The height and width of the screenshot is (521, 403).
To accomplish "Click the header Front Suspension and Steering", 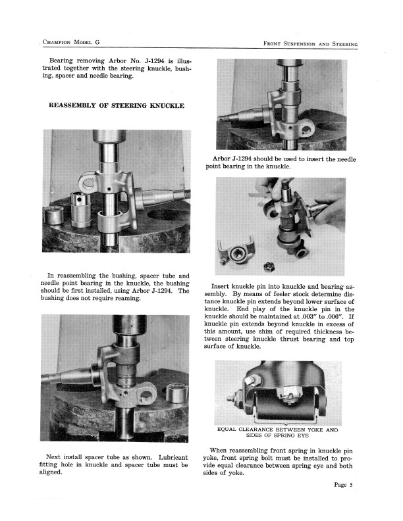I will (x=309, y=43).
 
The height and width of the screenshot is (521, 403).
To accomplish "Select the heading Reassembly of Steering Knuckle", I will (x=117, y=105).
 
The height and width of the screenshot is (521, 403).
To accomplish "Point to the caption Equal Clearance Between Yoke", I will (x=277, y=430).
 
